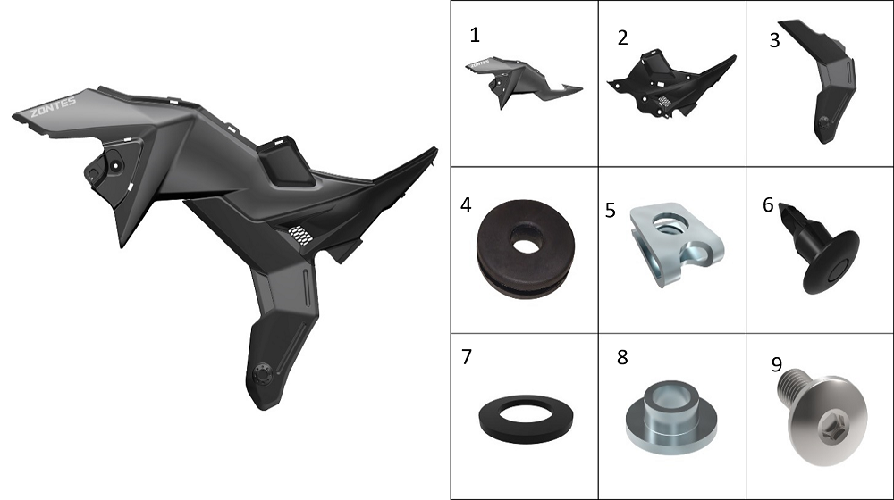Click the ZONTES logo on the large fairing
point(53,106)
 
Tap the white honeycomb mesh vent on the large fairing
point(299,234)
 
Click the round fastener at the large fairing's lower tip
point(262,374)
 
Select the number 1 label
point(475,36)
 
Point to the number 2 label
point(622,37)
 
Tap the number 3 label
point(774,40)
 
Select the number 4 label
point(466,205)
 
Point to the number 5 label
point(610,211)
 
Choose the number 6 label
point(768,205)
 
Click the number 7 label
point(467,357)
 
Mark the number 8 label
point(622,358)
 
